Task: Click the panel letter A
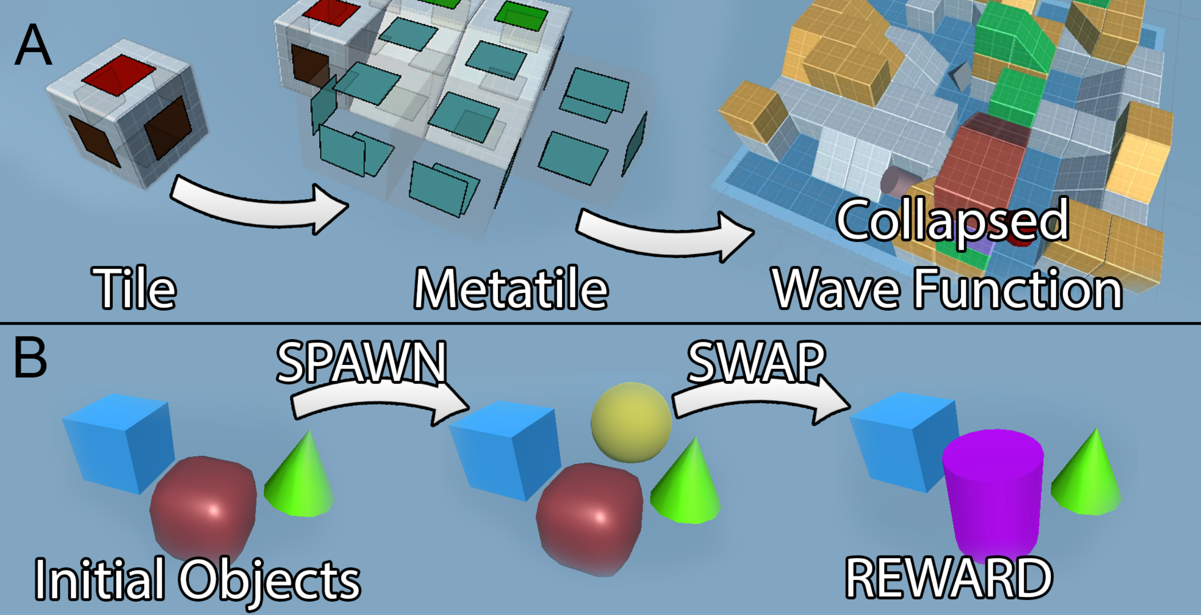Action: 33,45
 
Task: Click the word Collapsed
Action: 952,220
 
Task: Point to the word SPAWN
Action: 361,362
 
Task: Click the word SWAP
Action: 757,362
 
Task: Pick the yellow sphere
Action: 631,422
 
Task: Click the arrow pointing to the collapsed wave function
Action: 664,235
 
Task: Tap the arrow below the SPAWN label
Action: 379,404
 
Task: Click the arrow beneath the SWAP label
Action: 759,403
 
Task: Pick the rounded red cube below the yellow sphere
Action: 590,516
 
